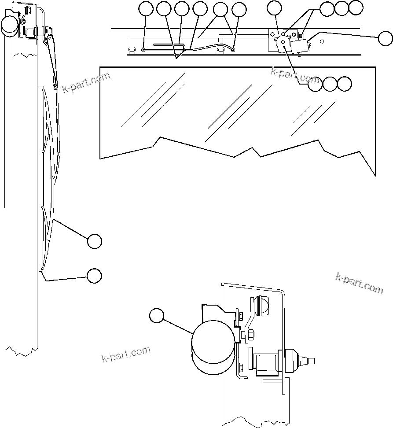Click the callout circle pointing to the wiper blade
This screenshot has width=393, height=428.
(94, 241)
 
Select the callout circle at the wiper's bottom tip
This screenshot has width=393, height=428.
(94, 275)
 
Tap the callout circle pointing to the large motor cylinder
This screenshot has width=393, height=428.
(156, 316)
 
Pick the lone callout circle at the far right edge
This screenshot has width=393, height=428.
(385, 38)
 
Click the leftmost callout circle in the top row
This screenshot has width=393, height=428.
(146, 8)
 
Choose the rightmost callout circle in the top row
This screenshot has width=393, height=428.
(356, 7)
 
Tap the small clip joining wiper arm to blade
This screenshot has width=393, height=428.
(55, 87)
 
